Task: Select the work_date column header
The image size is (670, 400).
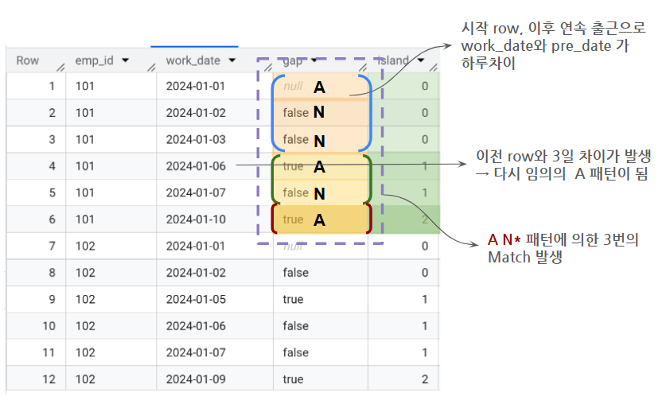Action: pos(193,60)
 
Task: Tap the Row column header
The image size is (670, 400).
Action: pos(28,60)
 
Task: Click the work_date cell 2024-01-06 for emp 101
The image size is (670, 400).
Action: pos(196,166)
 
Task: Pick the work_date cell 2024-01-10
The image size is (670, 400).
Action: pos(196,219)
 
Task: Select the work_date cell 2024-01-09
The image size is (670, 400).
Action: pos(196,379)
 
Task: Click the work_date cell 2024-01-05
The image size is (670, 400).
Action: pos(196,300)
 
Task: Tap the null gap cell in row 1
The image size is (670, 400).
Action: pos(294,86)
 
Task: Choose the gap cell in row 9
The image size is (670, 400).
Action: pos(293,300)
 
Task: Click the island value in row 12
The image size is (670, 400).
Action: pos(425,379)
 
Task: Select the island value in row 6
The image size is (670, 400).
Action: pos(425,219)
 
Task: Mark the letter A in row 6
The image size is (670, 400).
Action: pos(319,220)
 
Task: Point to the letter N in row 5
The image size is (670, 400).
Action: pos(319,193)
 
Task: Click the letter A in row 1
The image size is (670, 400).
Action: pos(319,87)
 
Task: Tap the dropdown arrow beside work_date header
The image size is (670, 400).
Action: pos(232,60)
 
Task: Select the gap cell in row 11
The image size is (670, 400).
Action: pos(293,353)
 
